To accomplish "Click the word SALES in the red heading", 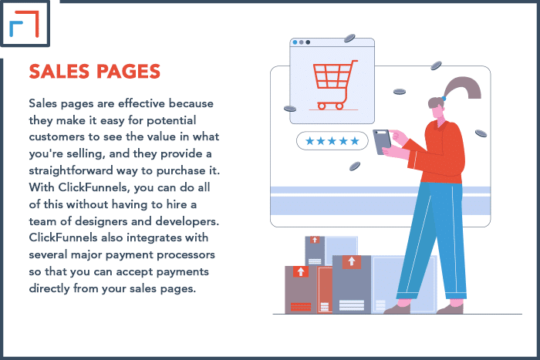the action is pos(59,72).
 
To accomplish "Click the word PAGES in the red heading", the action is pos(129,72).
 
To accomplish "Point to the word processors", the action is pos(186,255).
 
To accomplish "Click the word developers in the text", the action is pos(187,221).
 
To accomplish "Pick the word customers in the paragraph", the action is pos(57,137).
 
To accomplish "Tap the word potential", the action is pos(171,120).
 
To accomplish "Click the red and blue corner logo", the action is pos(25,23).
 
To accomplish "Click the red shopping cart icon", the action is pos(333,85).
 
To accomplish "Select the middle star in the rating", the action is pos(332,141).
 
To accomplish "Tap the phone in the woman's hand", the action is pos(382,141).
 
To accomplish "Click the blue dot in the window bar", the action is pos(295,42).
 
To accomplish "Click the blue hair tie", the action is pos(444,99).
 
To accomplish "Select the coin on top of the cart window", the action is pos(349,38).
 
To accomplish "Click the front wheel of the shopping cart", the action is pos(339,106).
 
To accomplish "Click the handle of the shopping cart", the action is pos(355,62).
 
